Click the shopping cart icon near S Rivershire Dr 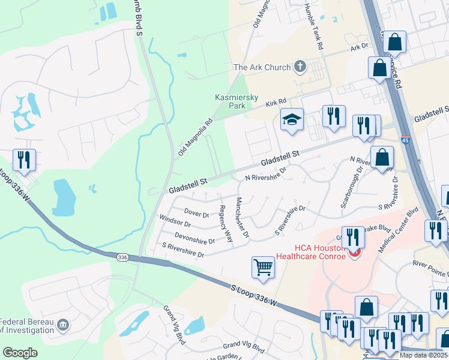coord(263,267)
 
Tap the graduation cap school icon coord(292,119)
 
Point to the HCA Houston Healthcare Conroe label coord(320,253)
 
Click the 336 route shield coord(122,257)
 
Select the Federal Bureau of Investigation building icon coord(63,326)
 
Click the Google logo coord(20,352)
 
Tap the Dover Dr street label coord(196,214)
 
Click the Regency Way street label coord(225,224)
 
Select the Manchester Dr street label coord(242,217)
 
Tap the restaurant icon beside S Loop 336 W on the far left coord(24,160)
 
